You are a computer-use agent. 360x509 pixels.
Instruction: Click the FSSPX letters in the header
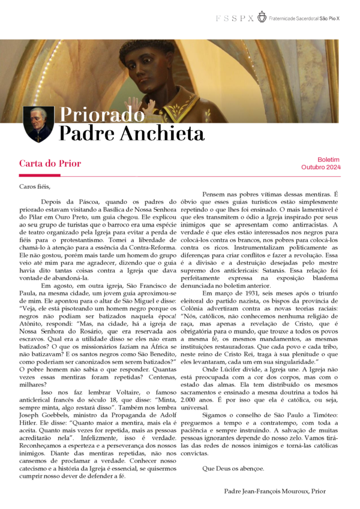click(x=235, y=18)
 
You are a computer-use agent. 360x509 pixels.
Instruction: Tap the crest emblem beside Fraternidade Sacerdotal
click(x=262, y=17)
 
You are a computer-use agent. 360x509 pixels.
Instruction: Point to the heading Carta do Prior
click(x=50, y=163)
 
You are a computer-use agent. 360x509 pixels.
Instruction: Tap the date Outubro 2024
click(x=320, y=167)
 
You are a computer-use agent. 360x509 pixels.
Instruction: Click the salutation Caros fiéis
click(x=35, y=186)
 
